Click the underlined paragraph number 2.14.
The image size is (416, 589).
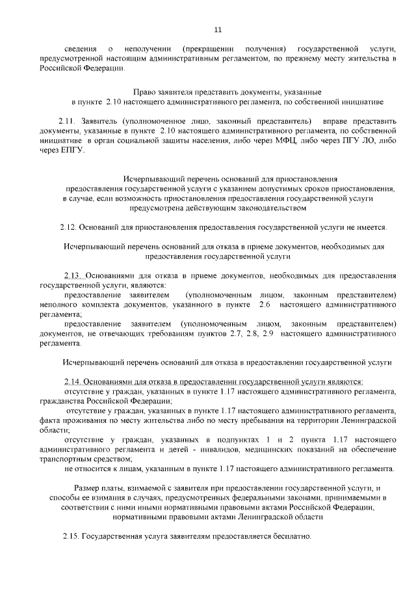[73, 381]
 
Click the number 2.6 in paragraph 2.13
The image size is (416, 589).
[265, 304]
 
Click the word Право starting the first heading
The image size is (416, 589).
[144, 92]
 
